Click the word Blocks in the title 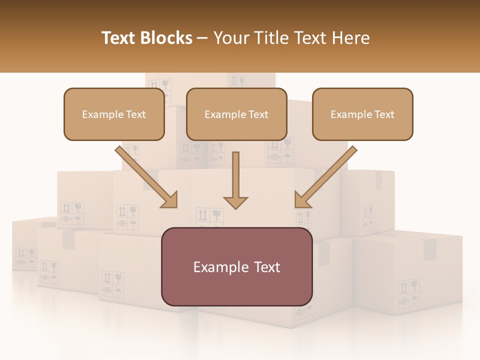tap(167, 38)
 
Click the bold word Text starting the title tap(120, 38)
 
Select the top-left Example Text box tap(114, 114)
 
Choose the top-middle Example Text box tap(236, 114)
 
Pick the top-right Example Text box tap(362, 114)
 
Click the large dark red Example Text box tap(236, 267)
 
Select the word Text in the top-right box tap(384, 114)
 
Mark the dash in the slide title tap(203, 38)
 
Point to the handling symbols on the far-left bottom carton tap(25, 258)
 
